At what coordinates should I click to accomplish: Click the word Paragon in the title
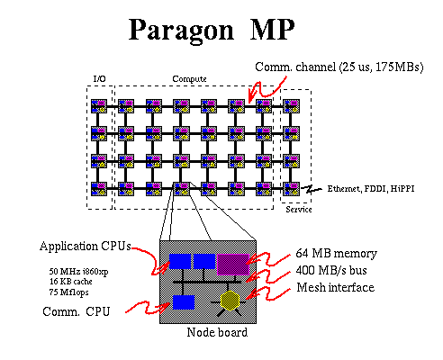(x=181, y=31)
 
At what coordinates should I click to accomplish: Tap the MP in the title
(x=273, y=29)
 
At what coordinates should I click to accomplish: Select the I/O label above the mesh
(x=100, y=79)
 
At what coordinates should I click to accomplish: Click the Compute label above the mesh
(x=189, y=79)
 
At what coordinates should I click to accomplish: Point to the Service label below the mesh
(x=299, y=209)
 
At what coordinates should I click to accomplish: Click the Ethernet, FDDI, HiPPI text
(x=371, y=189)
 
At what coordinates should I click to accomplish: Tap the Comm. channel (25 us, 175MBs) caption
(x=339, y=67)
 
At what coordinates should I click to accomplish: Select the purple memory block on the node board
(x=233, y=265)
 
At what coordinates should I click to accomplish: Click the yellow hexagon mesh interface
(x=230, y=301)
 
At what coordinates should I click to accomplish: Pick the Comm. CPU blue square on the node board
(x=184, y=302)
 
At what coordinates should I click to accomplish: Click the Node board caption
(x=217, y=332)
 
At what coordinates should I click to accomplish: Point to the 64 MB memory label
(x=336, y=254)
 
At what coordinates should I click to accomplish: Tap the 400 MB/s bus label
(x=331, y=270)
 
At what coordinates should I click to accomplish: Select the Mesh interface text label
(x=336, y=287)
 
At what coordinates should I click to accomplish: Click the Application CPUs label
(x=86, y=246)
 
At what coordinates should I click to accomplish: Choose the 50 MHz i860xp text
(x=78, y=272)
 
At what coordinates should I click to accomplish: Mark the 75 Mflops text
(x=68, y=292)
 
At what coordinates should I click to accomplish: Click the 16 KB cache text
(x=71, y=282)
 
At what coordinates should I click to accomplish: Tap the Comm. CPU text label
(x=77, y=311)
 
